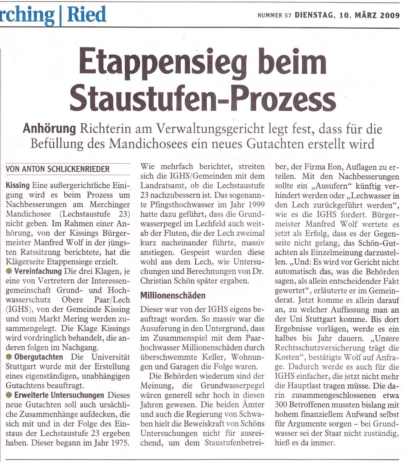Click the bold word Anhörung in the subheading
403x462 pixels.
tap(49, 129)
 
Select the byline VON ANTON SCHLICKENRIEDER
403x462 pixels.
tap(57, 169)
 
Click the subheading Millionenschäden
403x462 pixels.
tap(173, 296)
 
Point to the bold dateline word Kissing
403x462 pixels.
tap(18, 186)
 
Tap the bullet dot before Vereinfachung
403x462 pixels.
tap(9, 271)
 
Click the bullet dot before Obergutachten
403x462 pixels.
tap(9, 356)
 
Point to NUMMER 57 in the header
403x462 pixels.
tap(275, 16)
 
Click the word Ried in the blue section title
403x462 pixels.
tap(86, 14)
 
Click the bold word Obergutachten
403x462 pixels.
tap(38, 356)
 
